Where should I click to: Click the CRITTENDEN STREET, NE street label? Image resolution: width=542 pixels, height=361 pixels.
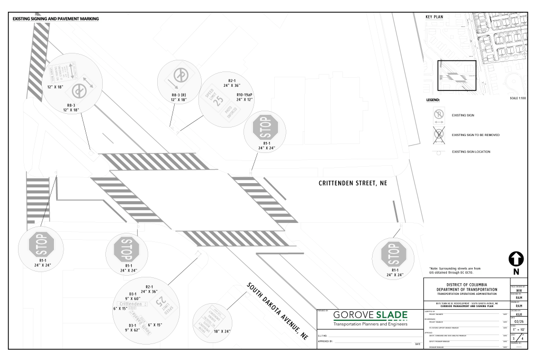pos(353,183)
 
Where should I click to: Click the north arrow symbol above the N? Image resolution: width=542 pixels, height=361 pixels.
pos(516,259)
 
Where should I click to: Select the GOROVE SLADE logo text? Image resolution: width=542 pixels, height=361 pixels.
pos(371,316)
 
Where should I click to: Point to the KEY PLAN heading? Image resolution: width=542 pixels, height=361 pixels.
pos(434,17)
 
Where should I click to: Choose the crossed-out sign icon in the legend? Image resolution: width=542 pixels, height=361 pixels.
pos(439,134)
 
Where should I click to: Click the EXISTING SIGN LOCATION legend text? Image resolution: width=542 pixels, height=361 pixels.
pos(471,152)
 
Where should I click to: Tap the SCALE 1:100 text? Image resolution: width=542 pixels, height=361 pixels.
pos(517,98)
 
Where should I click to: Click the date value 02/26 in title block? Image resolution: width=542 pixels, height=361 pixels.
pos(518,321)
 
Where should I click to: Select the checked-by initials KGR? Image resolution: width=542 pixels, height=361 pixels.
pos(518,314)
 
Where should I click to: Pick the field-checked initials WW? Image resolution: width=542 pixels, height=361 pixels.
pos(518,290)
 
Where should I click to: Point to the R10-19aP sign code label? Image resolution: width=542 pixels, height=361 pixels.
pos(245,95)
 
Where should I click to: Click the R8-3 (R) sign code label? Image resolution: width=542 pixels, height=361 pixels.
pos(176,95)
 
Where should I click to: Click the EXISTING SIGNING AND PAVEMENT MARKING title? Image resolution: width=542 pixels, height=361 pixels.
pos(55,19)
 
